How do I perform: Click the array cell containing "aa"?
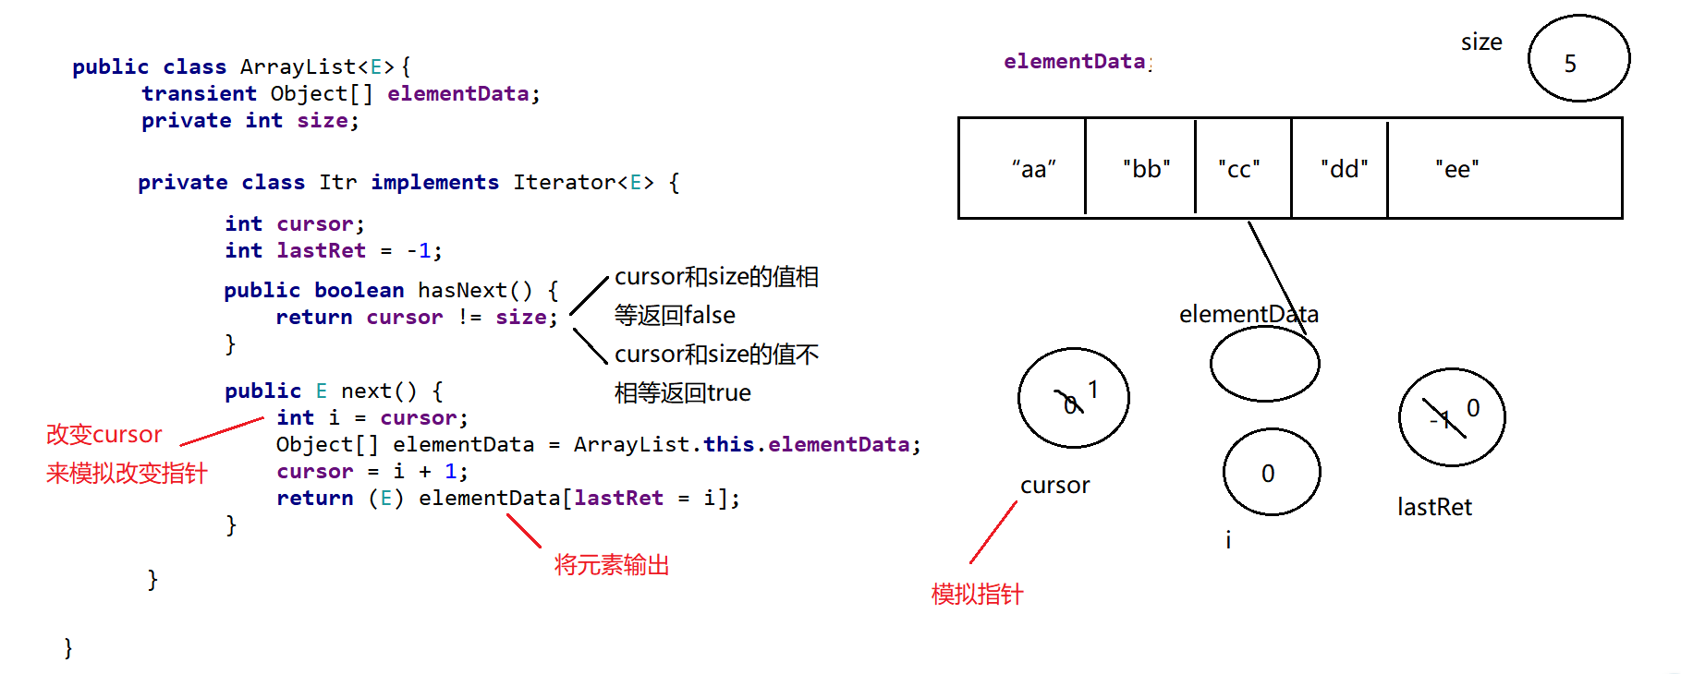[1023, 169]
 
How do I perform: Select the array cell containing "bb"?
[1140, 169]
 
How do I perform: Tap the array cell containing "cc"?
[1243, 169]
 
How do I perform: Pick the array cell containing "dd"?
[1339, 169]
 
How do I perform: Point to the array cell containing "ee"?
[1504, 169]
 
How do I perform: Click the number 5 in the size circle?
[1570, 64]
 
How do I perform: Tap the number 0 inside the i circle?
[1268, 474]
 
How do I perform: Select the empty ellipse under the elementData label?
[1264, 364]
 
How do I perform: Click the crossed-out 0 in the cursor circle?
[1068, 403]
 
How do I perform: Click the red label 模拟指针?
[977, 594]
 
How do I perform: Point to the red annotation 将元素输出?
[611, 565]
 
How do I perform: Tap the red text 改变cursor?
[104, 434]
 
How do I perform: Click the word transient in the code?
[199, 93]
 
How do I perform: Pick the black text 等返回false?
[675, 315]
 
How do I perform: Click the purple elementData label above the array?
[1075, 61]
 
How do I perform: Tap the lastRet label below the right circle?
[1434, 507]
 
